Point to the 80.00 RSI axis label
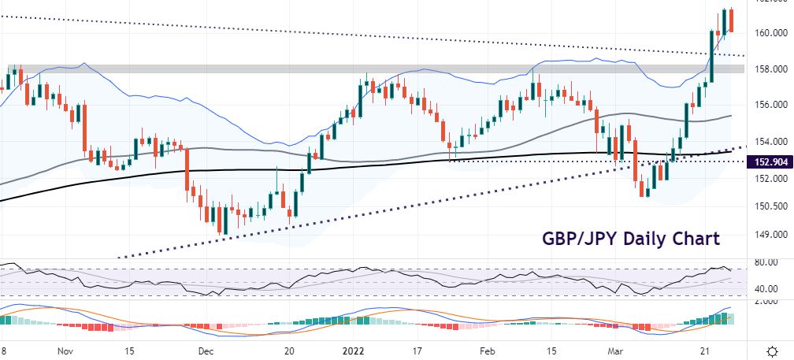point(765,262)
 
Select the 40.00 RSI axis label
point(765,289)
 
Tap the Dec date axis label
point(206,351)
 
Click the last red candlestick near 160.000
point(732,20)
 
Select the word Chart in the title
point(696,239)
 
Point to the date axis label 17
point(417,351)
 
